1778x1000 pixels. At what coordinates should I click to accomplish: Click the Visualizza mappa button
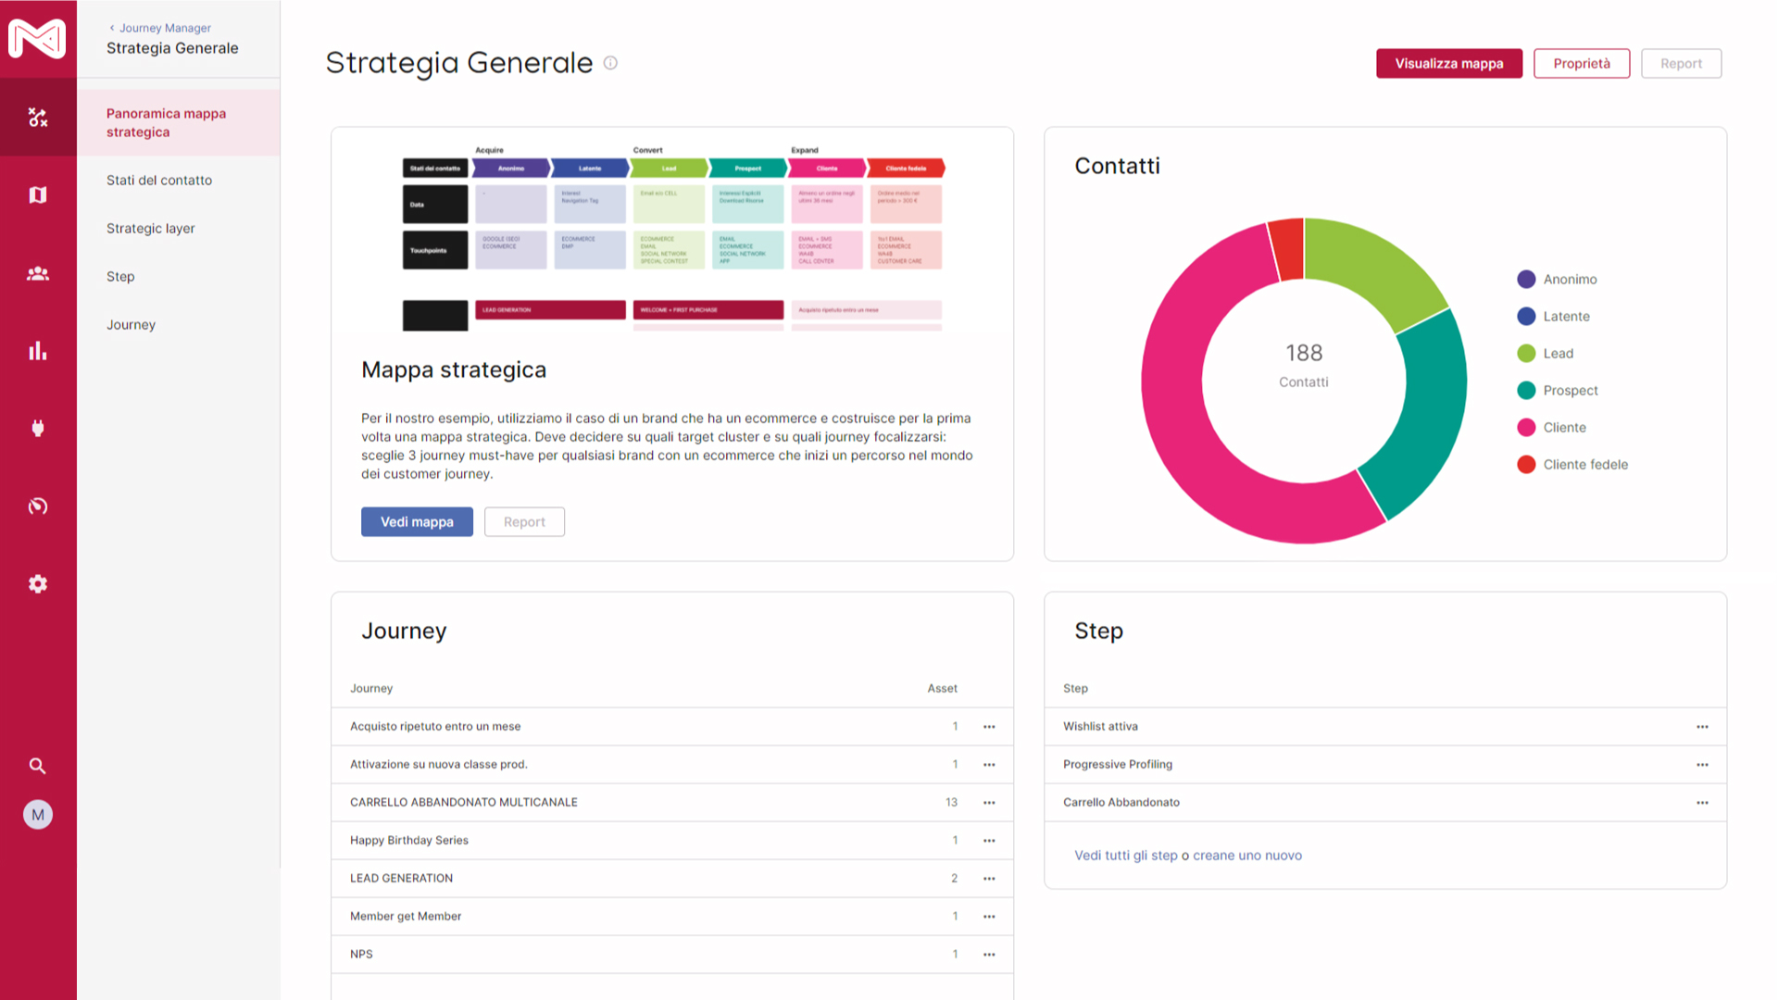(1448, 64)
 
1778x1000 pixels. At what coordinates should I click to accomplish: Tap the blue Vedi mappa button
(417, 522)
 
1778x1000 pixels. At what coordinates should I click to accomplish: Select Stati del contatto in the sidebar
(159, 181)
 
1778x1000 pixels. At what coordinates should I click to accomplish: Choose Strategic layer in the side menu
(151, 229)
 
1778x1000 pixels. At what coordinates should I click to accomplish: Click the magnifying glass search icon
(38, 766)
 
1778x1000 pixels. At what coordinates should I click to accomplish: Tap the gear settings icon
(38, 584)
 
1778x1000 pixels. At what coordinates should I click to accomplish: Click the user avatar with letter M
(38, 815)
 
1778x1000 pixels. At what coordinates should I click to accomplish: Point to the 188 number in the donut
(1304, 353)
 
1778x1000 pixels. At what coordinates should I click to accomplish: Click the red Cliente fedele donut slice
(1287, 247)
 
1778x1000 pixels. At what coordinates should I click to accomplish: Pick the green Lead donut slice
(1371, 264)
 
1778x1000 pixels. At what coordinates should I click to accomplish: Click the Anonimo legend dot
(1526, 280)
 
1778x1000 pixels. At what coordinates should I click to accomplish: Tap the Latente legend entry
(1566, 317)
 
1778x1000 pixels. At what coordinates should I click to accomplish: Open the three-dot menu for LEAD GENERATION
(989, 879)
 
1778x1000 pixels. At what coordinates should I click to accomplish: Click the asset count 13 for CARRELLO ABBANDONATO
(951, 803)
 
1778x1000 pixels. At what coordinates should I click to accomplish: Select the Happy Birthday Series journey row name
(409, 841)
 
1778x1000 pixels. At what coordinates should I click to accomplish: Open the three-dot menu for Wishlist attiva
(1702, 727)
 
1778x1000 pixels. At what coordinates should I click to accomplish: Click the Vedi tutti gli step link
(1125, 856)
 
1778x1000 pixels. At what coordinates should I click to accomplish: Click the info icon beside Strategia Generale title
(610, 63)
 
